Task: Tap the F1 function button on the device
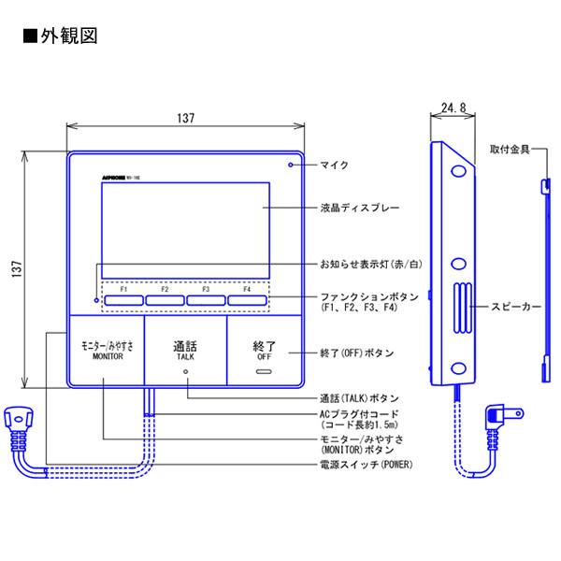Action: tap(122, 300)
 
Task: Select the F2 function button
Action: tap(164, 300)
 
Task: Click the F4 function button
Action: tap(246, 300)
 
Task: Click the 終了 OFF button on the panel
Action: tap(265, 352)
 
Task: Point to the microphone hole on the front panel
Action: tap(291, 165)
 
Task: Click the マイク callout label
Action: tap(334, 165)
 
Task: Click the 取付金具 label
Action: tap(510, 149)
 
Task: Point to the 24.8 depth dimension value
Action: tap(451, 108)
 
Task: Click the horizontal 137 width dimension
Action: tap(185, 118)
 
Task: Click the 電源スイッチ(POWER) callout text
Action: tap(367, 464)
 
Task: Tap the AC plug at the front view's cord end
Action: tap(20, 424)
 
